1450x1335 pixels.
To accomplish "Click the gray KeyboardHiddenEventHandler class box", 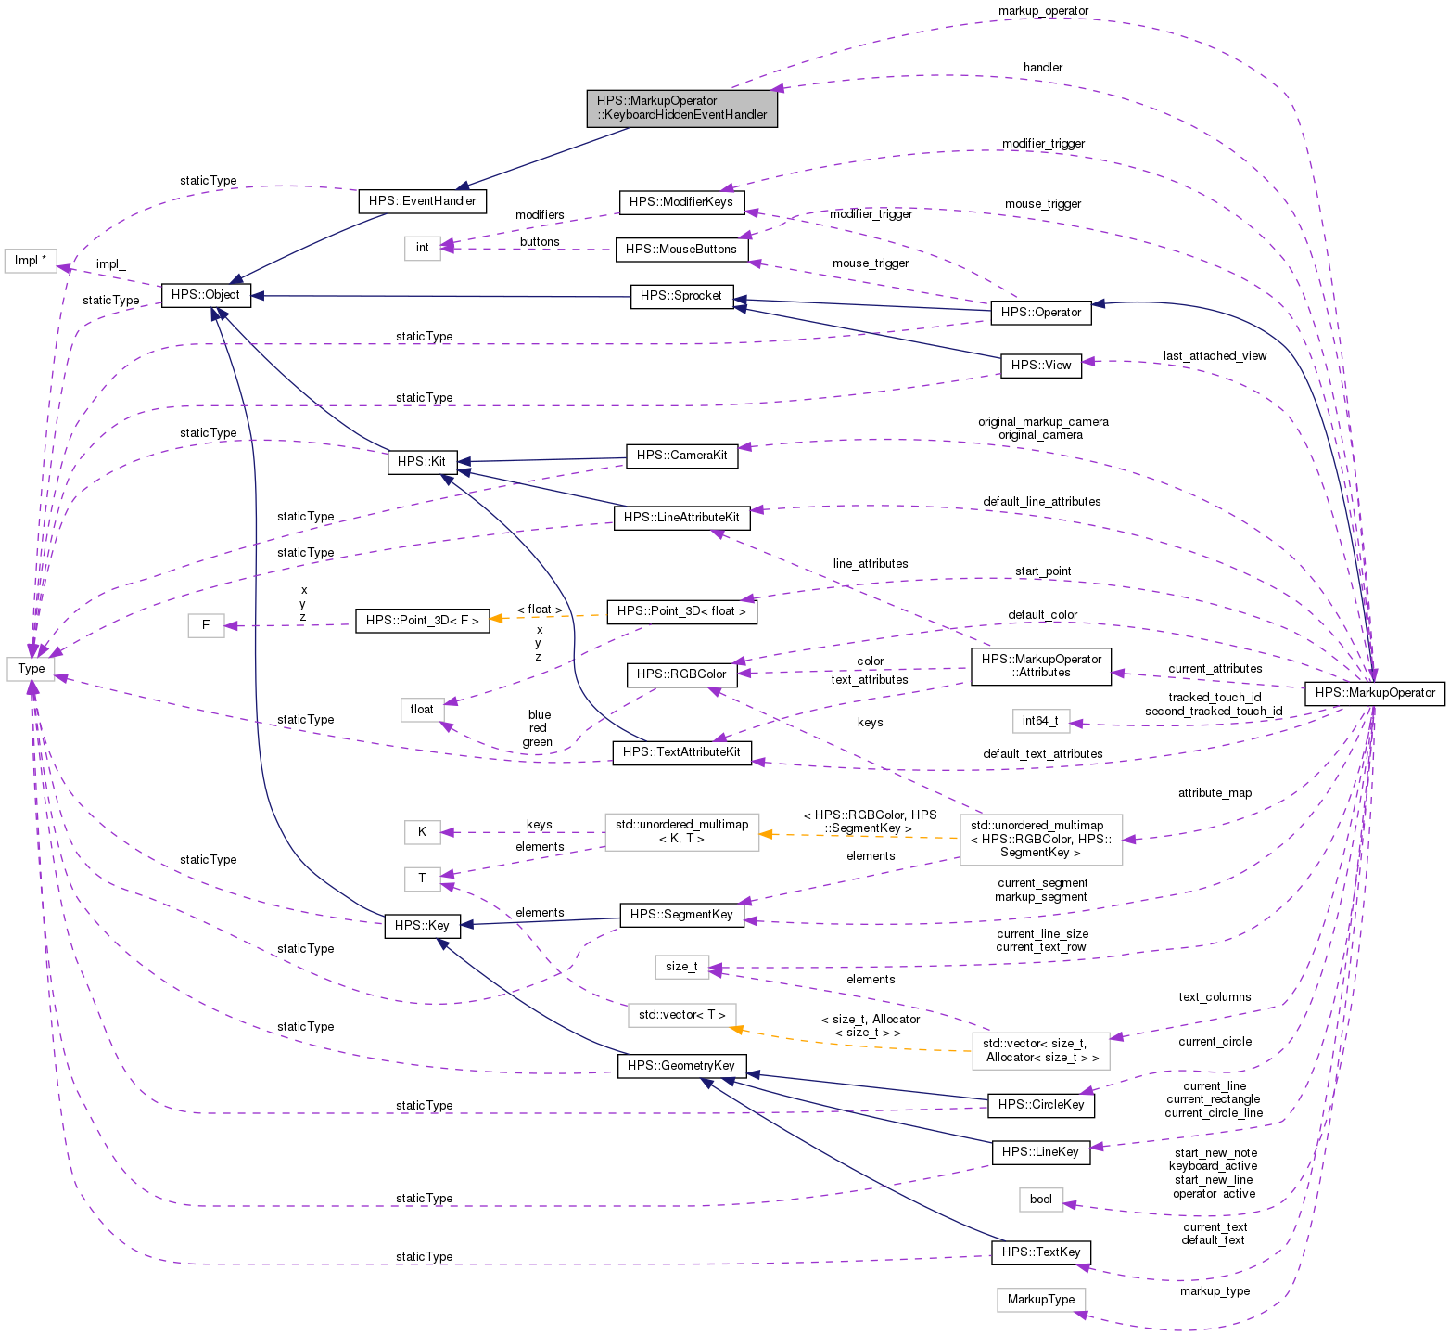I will click(681, 108).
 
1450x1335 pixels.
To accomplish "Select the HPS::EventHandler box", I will click(422, 201).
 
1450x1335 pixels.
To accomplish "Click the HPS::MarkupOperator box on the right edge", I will click(1374, 693).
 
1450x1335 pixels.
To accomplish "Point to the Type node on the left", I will click(31, 668).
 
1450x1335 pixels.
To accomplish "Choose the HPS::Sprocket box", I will click(681, 296).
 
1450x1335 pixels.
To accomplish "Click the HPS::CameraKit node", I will click(681, 456).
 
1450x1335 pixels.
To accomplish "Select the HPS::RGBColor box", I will click(681, 674).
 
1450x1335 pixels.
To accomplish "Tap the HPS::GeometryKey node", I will click(680, 1066).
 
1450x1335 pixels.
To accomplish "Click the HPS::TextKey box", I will click(1040, 1252).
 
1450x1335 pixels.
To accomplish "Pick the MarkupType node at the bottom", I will click(1040, 1300).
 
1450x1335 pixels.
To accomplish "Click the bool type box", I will click(1040, 1200).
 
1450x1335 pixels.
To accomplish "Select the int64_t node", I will click(1040, 721).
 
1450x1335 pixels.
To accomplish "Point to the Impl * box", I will click(31, 261).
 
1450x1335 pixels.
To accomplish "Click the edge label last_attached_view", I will click(1215, 356).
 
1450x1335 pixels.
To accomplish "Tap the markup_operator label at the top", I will click(1043, 11).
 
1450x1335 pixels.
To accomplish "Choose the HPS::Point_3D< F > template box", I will click(422, 621).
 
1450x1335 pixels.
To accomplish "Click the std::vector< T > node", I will click(681, 1015).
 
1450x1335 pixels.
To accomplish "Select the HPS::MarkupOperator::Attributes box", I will click(1040, 666).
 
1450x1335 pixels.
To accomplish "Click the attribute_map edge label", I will click(1215, 793).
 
